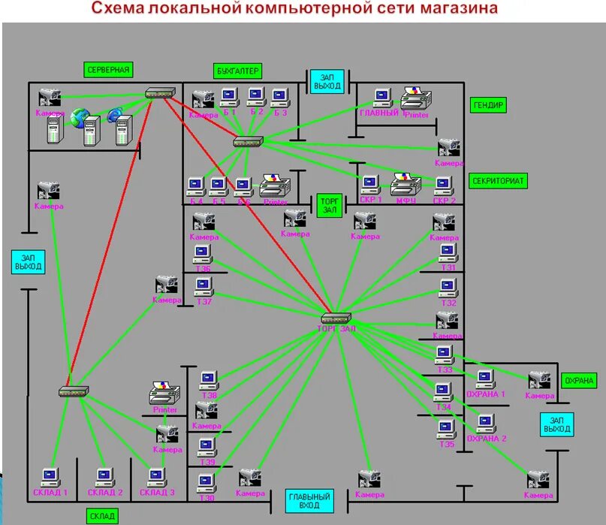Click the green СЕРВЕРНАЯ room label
[109, 70]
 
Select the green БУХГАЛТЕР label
[237, 71]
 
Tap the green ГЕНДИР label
[489, 105]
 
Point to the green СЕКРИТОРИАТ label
[498, 181]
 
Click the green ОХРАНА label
[579, 381]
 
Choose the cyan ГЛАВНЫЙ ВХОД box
[309, 501]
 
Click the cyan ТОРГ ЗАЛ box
[329, 206]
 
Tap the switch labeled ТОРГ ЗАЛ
[336, 318]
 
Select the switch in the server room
[160, 93]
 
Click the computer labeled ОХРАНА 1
[485, 379]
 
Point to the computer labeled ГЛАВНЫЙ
[382, 97]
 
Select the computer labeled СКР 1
[369, 184]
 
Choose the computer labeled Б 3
[280, 96]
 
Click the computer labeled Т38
[208, 379]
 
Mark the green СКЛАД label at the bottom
[102, 516]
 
